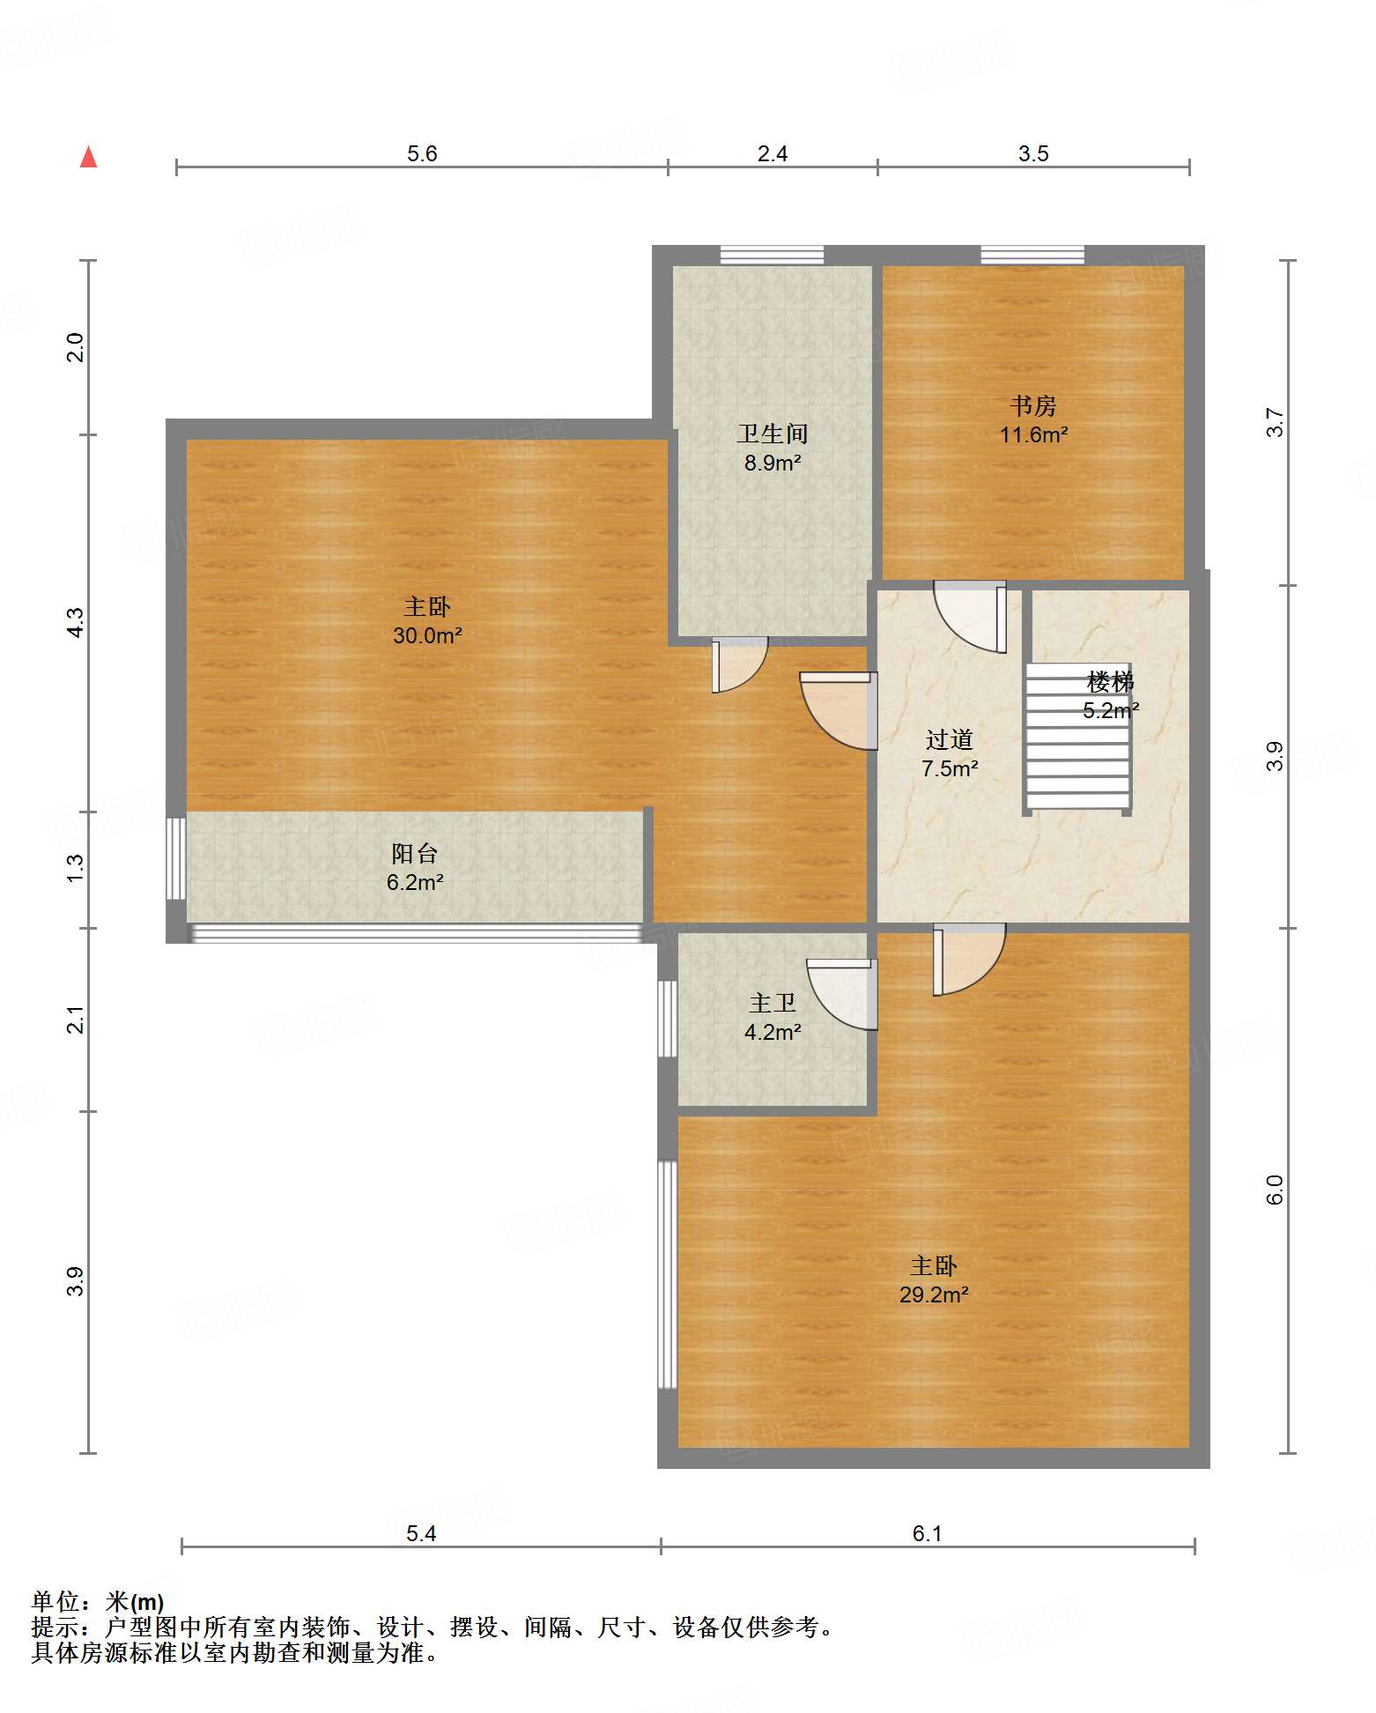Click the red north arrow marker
click(88, 157)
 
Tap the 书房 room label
click(1033, 406)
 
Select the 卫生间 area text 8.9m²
click(773, 463)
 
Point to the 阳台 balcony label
click(415, 853)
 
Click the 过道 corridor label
click(950, 739)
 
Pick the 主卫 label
click(773, 1003)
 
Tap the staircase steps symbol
click(1078, 737)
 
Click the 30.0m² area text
click(427, 635)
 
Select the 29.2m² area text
click(934, 1294)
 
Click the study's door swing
click(970, 617)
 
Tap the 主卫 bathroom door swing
click(841, 994)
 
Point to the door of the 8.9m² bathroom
click(740, 664)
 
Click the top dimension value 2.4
click(773, 153)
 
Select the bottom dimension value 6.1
click(927, 1533)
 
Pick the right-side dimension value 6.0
click(1275, 1190)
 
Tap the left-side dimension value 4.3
click(76, 623)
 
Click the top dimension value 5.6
click(422, 153)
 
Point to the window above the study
click(1032, 255)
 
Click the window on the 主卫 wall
click(668, 1018)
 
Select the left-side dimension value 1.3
click(76, 868)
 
